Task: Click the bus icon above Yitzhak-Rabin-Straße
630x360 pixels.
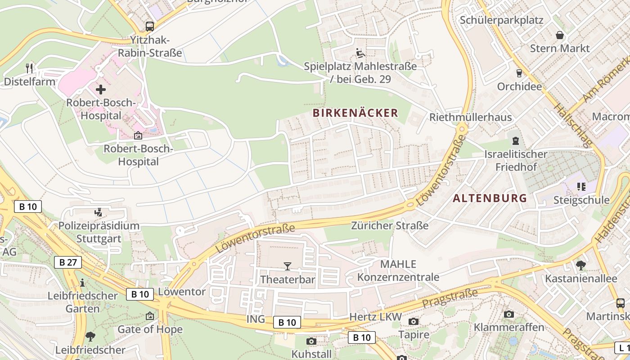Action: coord(149,27)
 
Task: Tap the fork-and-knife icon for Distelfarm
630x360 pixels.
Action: coord(29,68)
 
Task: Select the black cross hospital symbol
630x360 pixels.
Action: coord(101,89)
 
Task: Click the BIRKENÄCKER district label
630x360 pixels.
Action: coord(355,113)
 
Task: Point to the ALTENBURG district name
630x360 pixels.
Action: coord(490,198)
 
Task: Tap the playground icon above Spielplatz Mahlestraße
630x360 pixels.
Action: coord(360,54)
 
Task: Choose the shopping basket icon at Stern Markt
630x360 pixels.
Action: coord(560,35)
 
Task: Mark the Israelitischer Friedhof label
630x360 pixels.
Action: coord(516,161)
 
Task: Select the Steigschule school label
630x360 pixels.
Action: coord(581,200)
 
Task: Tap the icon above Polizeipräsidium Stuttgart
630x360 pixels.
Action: coord(98,212)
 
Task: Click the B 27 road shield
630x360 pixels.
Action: coord(68,262)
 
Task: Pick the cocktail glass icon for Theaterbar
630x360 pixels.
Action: coord(288,266)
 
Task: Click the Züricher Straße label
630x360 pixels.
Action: coord(390,225)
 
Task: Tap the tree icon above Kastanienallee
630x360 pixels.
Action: coord(580,265)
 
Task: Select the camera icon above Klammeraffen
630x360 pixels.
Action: coord(509,314)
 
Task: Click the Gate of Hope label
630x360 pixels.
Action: coord(150,329)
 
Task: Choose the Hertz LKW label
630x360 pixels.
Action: coord(375,317)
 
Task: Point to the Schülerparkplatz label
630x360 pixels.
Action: coord(501,20)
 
